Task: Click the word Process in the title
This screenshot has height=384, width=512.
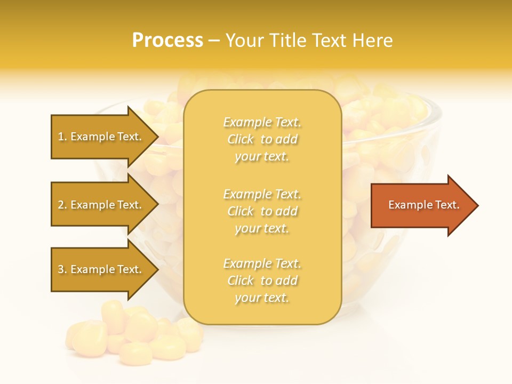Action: point(167,41)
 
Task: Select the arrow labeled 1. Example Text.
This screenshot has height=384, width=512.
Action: point(101,137)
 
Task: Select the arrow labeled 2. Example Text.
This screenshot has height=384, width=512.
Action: point(101,205)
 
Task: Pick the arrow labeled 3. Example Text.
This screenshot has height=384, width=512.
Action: point(101,269)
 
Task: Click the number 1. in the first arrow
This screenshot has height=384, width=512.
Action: point(62,137)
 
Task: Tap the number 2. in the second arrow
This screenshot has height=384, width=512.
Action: point(62,205)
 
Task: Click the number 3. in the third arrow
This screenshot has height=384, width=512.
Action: point(62,269)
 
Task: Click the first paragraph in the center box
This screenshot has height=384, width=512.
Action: point(262,139)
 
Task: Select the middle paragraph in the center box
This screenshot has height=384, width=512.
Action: point(262,211)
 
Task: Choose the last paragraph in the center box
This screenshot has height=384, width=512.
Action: point(262,281)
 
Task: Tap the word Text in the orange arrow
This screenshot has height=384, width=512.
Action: point(447,205)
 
